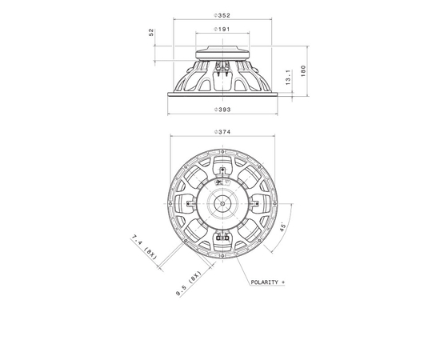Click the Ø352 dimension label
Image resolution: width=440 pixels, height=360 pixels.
tap(222, 16)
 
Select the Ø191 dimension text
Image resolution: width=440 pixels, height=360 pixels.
tap(222, 29)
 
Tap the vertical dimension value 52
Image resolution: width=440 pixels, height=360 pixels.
tap(151, 32)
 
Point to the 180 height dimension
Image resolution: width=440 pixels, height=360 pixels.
tap(303, 71)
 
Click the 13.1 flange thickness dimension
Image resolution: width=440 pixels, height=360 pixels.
tap(288, 78)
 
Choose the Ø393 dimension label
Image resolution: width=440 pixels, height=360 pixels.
tap(222, 110)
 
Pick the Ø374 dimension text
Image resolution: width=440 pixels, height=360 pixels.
tap(222, 132)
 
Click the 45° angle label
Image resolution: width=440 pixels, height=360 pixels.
tap(283, 226)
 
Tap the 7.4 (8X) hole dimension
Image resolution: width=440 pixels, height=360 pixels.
tap(144, 247)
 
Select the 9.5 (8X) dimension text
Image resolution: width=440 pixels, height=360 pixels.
tap(189, 284)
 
